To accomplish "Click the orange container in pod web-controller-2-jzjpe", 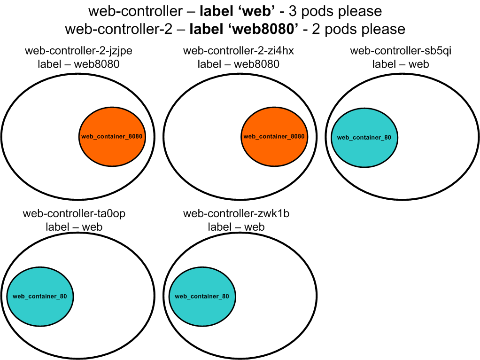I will coord(112,136).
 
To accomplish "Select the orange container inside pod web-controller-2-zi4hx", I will coord(274,136).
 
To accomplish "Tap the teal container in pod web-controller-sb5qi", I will coord(364,137).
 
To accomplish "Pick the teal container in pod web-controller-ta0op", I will coord(40,297).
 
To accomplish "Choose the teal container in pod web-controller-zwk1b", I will coord(202,297).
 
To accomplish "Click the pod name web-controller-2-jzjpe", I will coord(78,51).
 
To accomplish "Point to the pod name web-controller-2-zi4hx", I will coord(238,51).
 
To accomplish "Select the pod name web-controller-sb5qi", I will coord(401,51).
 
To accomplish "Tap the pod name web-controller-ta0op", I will coord(74,214).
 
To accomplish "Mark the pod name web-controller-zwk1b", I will coord(236,214).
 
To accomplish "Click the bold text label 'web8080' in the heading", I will coord(244,29).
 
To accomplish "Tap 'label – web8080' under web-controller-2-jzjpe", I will coord(78,64).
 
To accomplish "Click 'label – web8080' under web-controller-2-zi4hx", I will coord(238,64).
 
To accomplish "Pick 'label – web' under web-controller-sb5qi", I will coord(401,64).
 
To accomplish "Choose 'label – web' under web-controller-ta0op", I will coord(74,227).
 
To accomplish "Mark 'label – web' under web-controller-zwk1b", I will coord(236,227).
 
